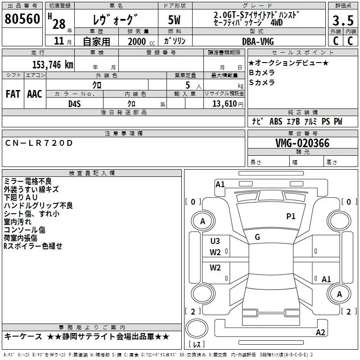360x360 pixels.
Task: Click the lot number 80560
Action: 22,19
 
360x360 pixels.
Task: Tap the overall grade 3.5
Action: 343,20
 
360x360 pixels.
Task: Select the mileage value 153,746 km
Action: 53,65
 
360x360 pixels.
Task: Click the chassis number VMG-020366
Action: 302,143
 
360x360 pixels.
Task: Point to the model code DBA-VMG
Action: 258,41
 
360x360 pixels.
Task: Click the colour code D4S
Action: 75,104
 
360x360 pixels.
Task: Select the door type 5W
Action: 174,20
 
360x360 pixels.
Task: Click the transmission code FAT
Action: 13,94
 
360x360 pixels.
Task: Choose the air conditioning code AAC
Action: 35,94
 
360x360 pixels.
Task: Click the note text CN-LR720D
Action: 39,143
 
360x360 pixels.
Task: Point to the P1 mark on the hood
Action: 291,216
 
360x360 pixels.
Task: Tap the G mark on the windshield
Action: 257,237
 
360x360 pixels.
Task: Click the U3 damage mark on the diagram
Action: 215,241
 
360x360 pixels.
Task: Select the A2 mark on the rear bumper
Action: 320,332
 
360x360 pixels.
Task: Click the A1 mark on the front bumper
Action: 220,184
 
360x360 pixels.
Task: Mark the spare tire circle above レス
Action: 197,328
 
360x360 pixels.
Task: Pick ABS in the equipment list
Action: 276,121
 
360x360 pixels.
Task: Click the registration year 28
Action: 59,24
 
